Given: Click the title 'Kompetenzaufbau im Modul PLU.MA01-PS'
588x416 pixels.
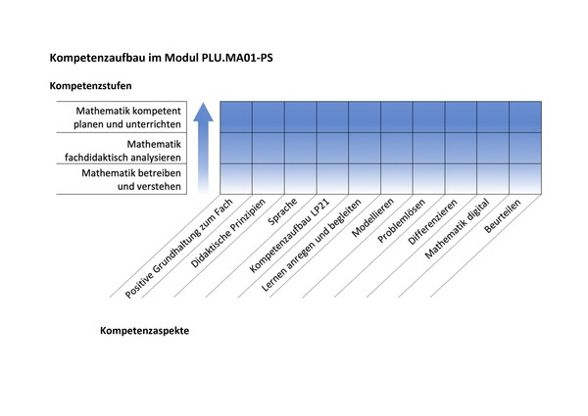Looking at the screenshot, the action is pos(162,58).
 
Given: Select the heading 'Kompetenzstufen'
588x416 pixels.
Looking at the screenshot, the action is pos(90,86).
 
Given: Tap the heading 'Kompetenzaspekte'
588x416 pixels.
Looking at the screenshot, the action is pos(144,331).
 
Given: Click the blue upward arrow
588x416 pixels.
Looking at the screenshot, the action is pos(203,148).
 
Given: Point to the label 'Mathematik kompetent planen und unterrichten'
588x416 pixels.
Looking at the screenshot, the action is pos(127,117).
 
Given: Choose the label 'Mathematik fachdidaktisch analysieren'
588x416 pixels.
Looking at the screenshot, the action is pos(122,151).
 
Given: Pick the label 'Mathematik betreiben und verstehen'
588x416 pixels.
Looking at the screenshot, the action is pos(131,179).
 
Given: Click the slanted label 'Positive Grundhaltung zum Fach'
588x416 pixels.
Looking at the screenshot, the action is pos(178,249).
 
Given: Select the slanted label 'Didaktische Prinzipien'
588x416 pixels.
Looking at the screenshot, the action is pos(228,233).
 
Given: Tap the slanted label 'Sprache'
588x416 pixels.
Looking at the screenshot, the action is pos(282,211).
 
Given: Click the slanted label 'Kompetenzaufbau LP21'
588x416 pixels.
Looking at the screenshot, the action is pos(289,235).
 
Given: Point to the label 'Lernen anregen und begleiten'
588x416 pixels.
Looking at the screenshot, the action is pos(311,245).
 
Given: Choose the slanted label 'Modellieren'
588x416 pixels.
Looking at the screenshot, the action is pos(372,217).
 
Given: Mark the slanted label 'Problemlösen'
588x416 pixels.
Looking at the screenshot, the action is pos(401,220).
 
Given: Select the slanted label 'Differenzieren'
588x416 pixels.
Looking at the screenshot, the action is pos(432,221).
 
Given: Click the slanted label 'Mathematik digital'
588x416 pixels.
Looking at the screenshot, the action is pos(457,228).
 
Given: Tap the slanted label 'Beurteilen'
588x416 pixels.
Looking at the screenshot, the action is pos(503,216).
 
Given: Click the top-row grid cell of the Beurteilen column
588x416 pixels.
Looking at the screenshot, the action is pos(525,116).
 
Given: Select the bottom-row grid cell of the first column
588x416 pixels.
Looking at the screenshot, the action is pos(236,179).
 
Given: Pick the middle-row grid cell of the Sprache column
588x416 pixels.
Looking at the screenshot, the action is pos(301,148).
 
